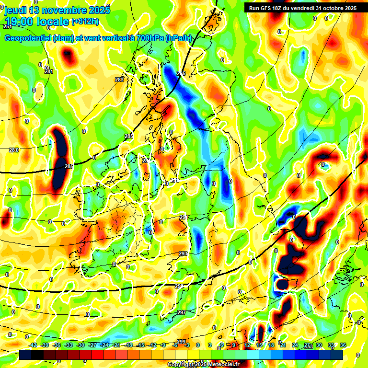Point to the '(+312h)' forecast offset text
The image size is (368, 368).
(x=85, y=21)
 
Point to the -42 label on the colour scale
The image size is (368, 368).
(x=33, y=345)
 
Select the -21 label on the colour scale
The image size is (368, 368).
(x=116, y=345)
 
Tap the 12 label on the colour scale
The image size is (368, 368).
(x=248, y=345)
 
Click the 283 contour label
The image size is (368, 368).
(x=119, y=80)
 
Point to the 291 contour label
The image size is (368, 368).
(x=184, y=217)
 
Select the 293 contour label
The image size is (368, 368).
(x=183, y=253)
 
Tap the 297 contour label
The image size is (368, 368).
(x=181, y=312)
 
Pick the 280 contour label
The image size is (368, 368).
(x=14, y=150)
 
